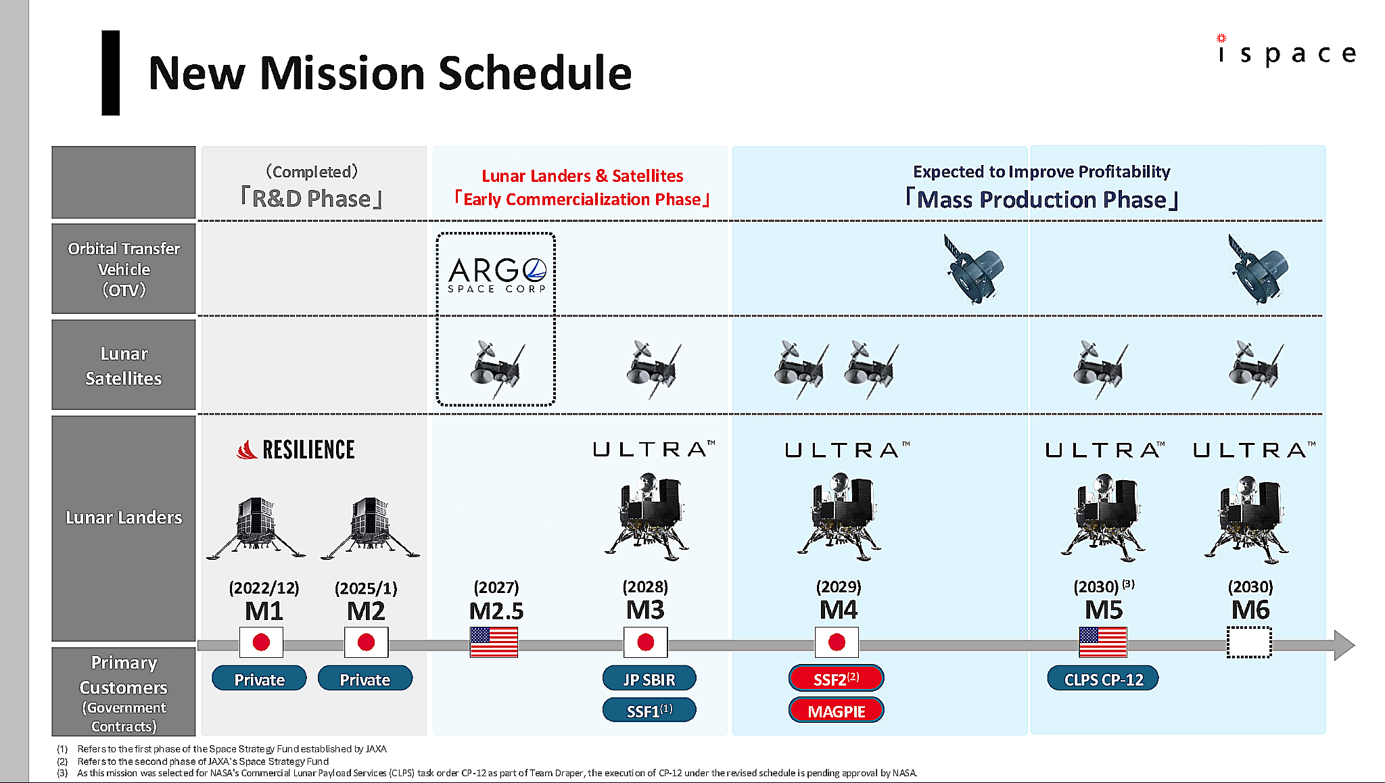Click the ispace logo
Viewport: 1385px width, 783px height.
click(1287, 50)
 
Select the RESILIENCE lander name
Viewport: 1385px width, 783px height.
click(296, 450)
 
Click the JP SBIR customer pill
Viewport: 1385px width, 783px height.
click(649, 679)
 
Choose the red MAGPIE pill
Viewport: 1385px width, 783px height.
click(837, 711)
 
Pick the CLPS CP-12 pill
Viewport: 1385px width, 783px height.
click(1103, 679)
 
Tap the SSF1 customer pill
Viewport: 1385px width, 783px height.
click(649, 711)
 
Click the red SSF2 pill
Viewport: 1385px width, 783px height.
click(837, 678)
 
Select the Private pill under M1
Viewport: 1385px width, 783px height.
click(259, 679)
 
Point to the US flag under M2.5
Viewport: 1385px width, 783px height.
click(494, 642)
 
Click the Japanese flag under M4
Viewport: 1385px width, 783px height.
click(837, 642)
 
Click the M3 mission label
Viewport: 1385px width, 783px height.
click(645, 610)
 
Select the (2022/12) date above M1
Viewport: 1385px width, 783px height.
click(264, 588)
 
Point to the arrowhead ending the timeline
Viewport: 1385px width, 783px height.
click(1344, 645)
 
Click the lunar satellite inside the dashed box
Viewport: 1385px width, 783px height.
click(497, 369)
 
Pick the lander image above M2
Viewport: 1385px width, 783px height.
click(370, 528)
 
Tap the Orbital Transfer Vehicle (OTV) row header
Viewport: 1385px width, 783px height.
click(124, 269)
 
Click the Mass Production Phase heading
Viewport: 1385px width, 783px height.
click(1042, 199)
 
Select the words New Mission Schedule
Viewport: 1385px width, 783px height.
click(390, 72)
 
